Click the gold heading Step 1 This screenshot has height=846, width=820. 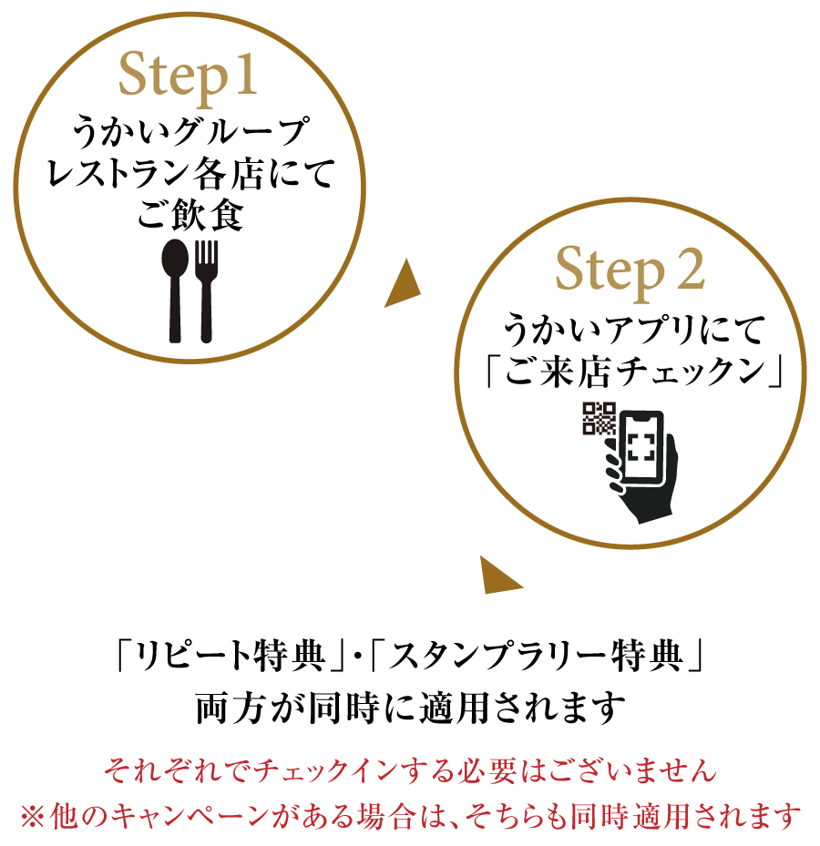(188, 76)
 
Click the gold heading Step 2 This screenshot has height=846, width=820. (630, 270)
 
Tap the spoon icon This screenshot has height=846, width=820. (175, 290)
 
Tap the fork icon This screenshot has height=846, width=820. (206, 290)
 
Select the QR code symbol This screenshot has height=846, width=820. (599, 418)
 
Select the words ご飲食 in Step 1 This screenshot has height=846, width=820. (190, 215)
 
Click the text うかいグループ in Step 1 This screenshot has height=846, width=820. (191, 131)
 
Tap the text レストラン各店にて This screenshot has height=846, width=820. (191, 173)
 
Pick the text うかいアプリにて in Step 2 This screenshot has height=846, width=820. (634, 330)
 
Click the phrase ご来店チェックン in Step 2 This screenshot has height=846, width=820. (634, 372)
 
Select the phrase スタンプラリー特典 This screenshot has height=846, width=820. (536, 656)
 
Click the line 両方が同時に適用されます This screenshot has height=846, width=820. (410, 708)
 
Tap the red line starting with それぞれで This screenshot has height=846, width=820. (410, 770)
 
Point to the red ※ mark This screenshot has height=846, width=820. (33, 815)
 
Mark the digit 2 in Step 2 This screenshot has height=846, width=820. (691, 268)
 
